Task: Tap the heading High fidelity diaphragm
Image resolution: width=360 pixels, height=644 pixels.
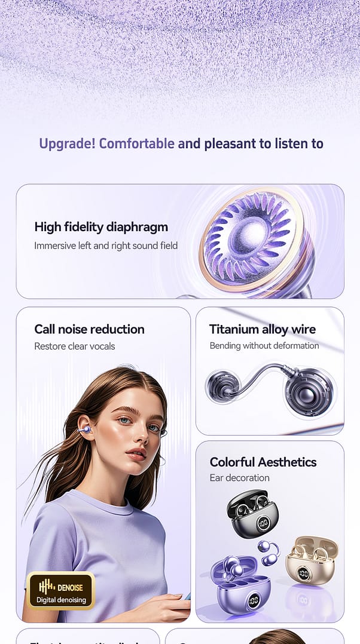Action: click(x=101, y=227)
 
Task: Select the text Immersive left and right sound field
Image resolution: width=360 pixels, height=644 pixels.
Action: click(x=106, y=246)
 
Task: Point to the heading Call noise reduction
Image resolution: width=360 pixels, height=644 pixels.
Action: click(x=89, y=329)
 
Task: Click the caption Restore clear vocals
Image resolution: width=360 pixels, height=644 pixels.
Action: click(x=74, y=346)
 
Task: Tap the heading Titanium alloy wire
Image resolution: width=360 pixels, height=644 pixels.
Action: click(x=263, y=329)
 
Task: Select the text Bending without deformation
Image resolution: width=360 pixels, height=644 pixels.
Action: click(x=264, y=346)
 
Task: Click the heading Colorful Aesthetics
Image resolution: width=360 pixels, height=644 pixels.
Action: click(x=263, y=462)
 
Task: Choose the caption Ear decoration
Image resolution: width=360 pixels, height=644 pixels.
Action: click(x=239, y=478)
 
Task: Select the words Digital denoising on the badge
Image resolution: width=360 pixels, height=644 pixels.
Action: click(x=61, y=600)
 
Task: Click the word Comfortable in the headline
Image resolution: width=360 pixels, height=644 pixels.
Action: click(x=137, y=143)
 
